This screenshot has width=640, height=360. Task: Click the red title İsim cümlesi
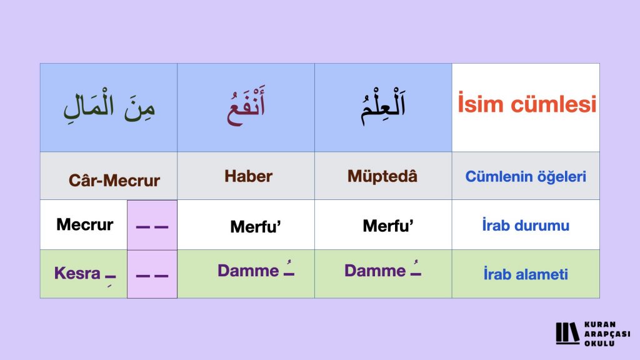pyautogui.click(x=526, y=104)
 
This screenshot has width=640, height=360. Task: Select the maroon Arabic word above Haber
pyautogui.click(x=246, y=106)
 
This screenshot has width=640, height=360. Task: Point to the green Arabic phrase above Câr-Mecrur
pyautogui.click(x=109, y=106)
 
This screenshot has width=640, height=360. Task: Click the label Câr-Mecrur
pyautogui.click(x=114, y=181)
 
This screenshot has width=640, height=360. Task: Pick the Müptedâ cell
pyautogui.click(x=382, y=176)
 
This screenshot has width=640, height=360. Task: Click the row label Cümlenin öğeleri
pyautogui.click(x=526, y=177)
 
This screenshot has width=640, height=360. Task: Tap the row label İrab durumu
pyautogui.click(x=526, y=225)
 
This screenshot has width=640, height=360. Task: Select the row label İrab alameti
pyautogui.click(x=526, y=274)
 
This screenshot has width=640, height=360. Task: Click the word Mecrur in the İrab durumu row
pyautogui.click(x=84, y=224)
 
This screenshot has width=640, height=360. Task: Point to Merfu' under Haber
pyautogui.click(x=256, y=226)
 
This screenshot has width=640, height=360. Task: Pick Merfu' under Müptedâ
pyautogui.click(x=388, y=226)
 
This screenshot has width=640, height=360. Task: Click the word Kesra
pyautogui.click(x=77, y=273)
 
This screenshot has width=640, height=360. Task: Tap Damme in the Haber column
pyautogui.click(x=248, y=271)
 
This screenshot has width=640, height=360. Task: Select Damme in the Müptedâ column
pyautogui.click(x=375, y=271)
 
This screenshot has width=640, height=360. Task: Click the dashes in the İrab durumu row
pyautogui.click(x=152, y=227)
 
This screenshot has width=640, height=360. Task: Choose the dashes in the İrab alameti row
pyautogui.click(x=152, y=276)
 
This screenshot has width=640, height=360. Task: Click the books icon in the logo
pyautogui.click(x=567, y=333)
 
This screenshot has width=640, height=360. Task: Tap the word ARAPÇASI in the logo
pyautogui.click(x=607, y=334)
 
